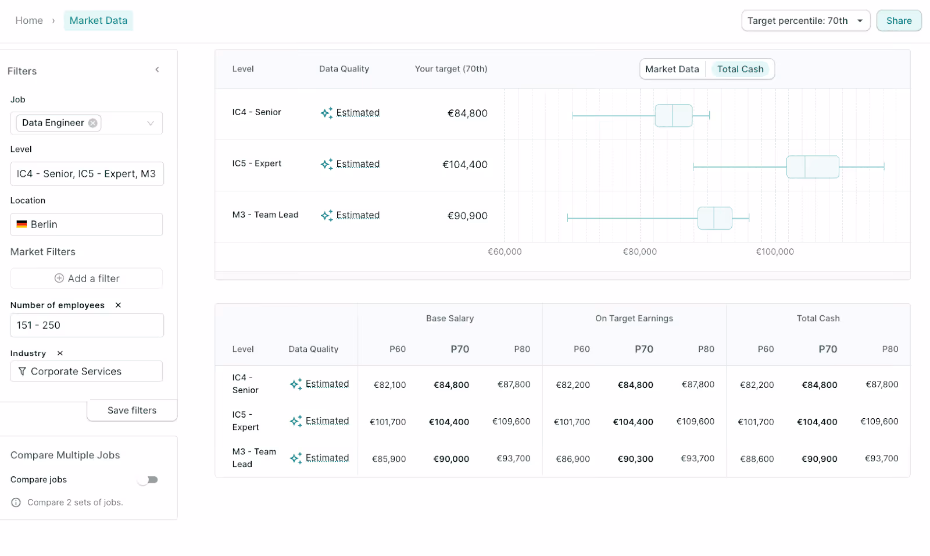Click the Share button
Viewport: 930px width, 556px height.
coord(899,21)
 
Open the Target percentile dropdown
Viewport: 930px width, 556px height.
coord(805,21)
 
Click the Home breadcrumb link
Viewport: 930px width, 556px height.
coord(29,21)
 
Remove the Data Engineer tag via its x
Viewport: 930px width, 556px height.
coord(93,123)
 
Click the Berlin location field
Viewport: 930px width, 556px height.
coord(86,224)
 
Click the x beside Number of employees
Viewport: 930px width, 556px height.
coord(118,305)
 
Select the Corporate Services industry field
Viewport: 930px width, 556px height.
coord(86,371)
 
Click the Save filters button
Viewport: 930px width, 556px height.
coord(132,410)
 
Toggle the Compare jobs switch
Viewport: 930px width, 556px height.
coord(148,480)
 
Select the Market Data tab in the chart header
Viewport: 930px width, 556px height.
coord(672,69)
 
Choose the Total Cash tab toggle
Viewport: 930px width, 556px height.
coord(740,69)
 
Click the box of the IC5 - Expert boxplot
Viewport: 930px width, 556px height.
coord(813,167)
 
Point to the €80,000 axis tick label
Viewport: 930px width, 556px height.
coord(639,252)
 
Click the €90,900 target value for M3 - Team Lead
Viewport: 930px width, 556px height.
coord(467,216)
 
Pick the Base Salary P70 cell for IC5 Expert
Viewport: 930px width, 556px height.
coord(449,422)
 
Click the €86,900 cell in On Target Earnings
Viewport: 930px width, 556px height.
coord(573,459)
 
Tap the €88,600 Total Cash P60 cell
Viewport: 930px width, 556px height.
coord(757,459)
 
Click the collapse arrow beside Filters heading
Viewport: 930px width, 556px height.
coord(157,70)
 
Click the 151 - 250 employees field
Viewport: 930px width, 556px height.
coord(86,325)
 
